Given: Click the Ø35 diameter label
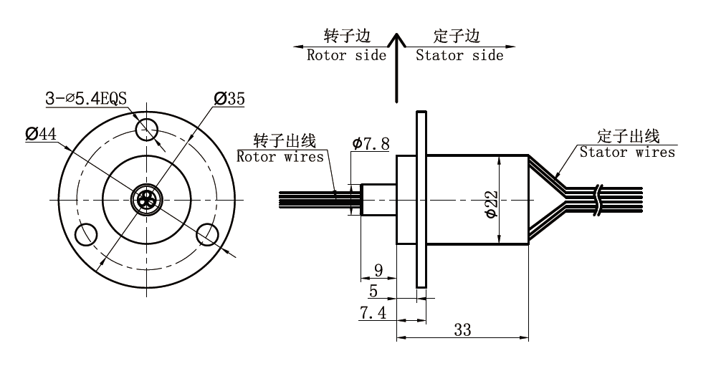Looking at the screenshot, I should (229, 98).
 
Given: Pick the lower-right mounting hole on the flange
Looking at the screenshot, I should (208, 233).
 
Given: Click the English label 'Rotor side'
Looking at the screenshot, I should (346, 55).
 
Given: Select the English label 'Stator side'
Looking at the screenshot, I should (459, 55).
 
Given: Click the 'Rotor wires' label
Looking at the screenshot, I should (280, 156).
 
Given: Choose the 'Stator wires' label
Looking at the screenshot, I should (627, 152).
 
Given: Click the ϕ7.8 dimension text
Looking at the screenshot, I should (371, 144).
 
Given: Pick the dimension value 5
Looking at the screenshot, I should (373, 291).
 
